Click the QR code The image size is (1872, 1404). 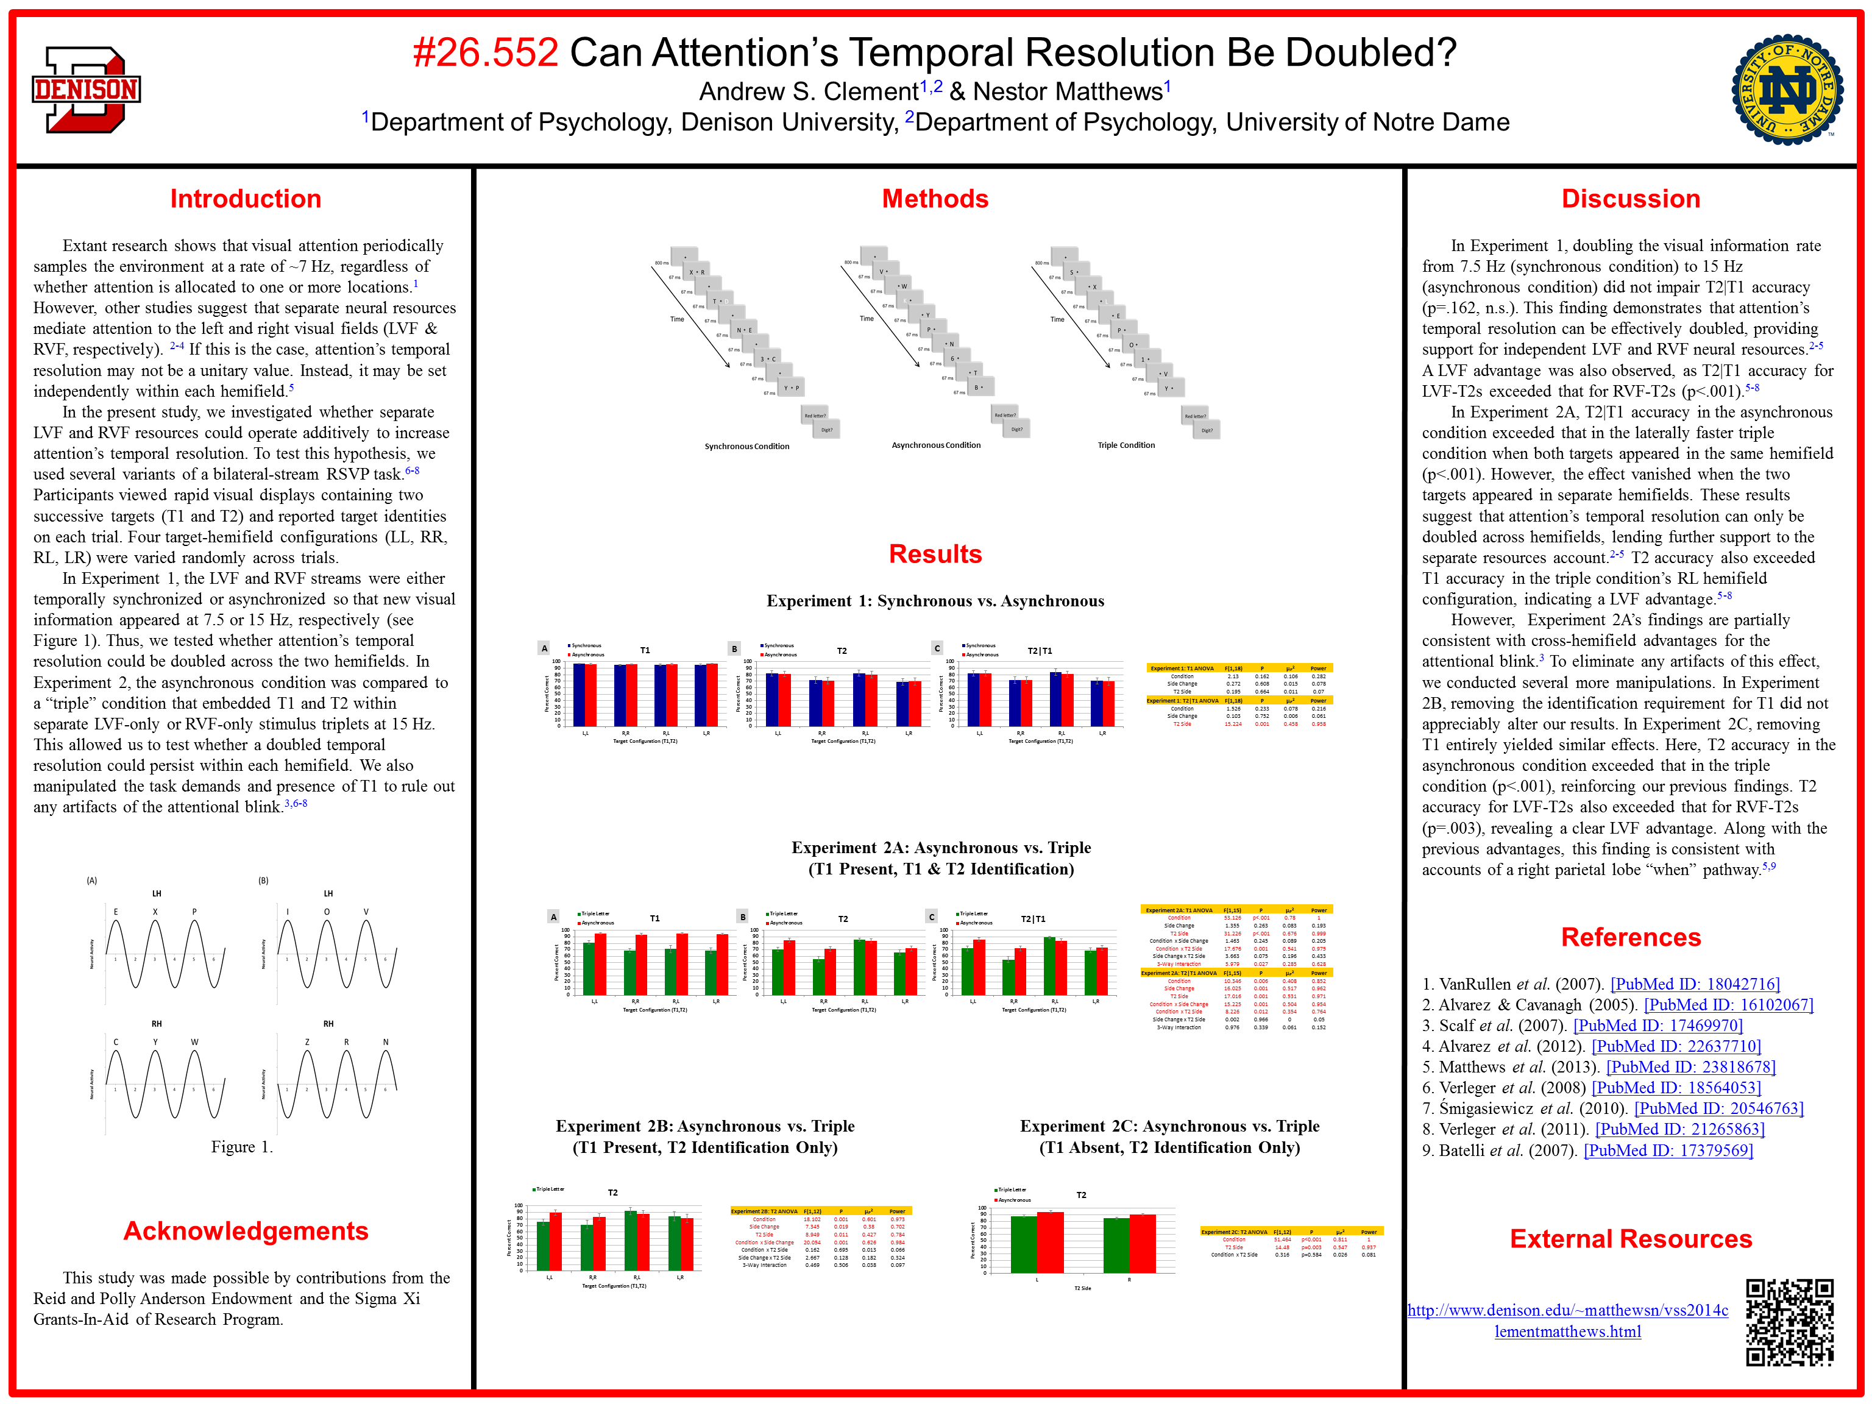click(x=1789, y=1321)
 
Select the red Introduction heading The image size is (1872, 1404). click(x=246, y=199)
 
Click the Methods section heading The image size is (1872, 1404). click(x=935, y=199)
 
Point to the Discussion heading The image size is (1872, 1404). click(x=1630, y=199)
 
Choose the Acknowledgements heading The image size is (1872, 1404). click(x=246, y=1230)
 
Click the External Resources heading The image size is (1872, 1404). click(x=1630, y=1239)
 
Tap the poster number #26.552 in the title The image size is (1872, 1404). click(x=486, y=52)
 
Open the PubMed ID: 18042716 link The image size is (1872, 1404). click(x=1695, y=984)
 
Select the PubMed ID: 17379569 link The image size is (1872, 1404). click(x=1668, y=1150)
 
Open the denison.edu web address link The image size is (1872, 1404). click(x=1567, y=1321)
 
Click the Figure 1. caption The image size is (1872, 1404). click(x=241, y=1147)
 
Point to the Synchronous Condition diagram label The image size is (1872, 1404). click(x=746, y=446)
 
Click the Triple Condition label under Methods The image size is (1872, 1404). click(x=1126, y=445)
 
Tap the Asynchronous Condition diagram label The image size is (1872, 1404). click(x=936, y=445)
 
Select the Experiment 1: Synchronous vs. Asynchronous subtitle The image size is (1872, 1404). click(x=935, y=601)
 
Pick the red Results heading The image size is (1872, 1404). click(x=935, y=555)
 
